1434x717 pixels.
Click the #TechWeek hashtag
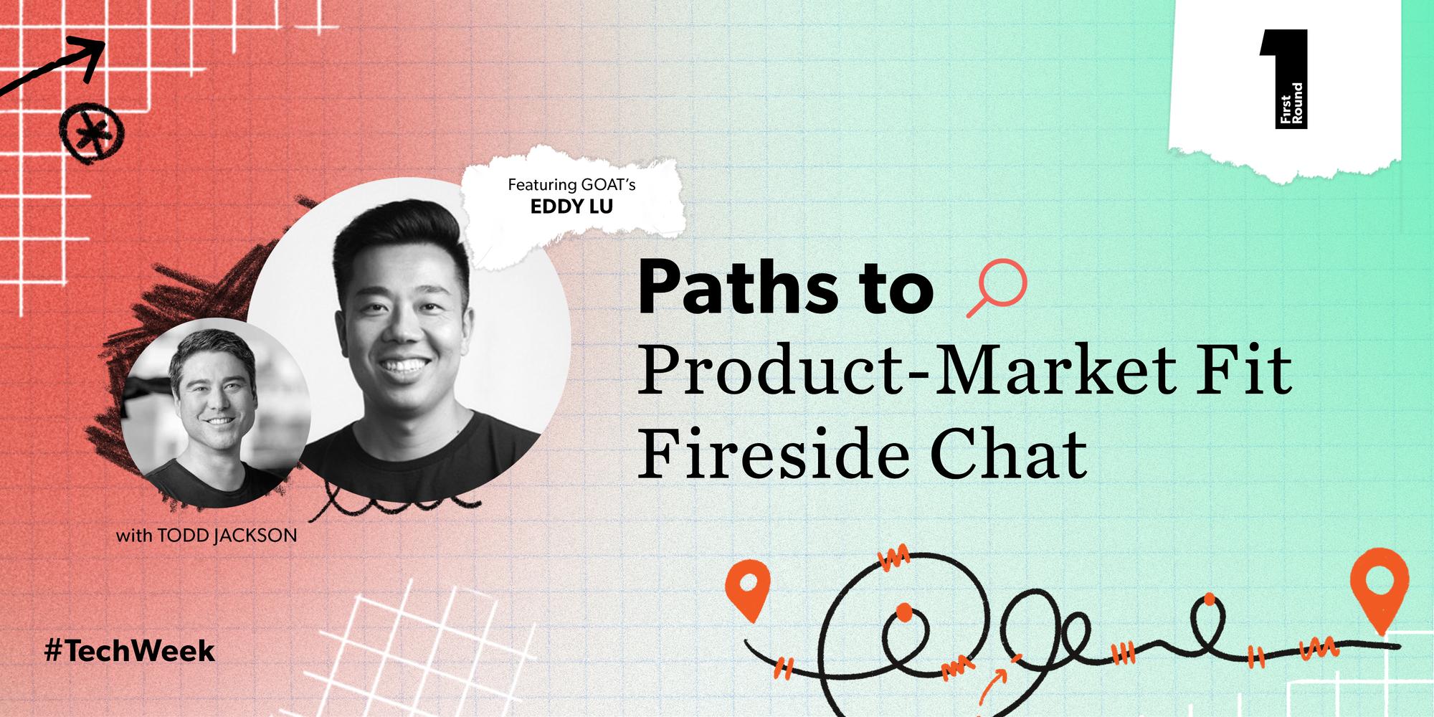click(129, 651)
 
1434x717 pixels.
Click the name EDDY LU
click(571, 207)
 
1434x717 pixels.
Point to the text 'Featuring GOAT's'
click(571, 185)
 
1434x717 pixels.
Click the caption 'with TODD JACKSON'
click(206, 536)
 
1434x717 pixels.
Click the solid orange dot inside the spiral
click(905, 612)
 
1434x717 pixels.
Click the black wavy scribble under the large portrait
click(387, 502)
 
